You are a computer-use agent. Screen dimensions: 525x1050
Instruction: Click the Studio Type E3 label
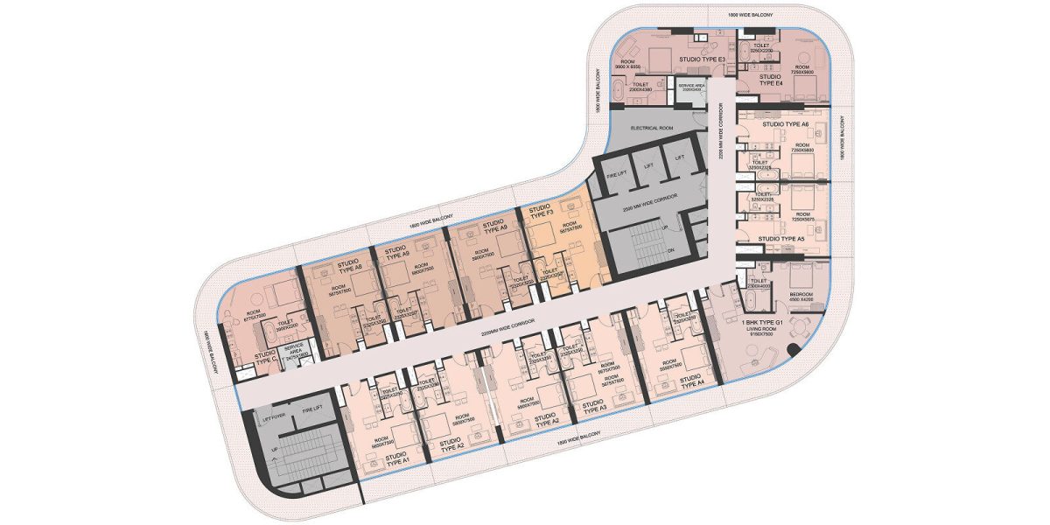703,59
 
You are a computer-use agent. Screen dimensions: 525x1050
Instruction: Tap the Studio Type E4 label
770,82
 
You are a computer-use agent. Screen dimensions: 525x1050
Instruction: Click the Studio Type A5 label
780,238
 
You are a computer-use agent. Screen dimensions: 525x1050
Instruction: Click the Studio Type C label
265,359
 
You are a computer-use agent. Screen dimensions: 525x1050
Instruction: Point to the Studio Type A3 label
595,406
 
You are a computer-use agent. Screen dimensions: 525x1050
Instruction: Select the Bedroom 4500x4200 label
801,296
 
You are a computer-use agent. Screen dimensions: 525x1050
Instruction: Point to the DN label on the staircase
670,254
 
